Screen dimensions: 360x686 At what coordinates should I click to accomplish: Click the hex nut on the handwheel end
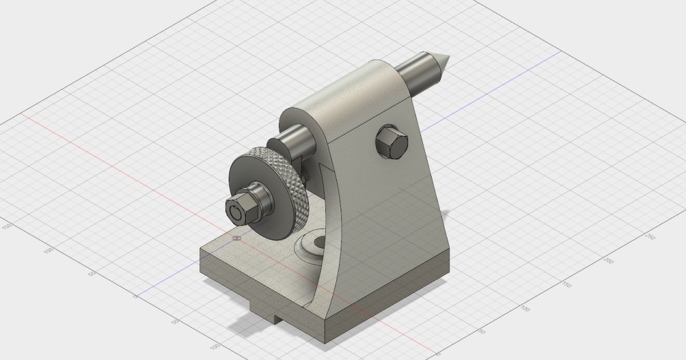click(x=237, y=210)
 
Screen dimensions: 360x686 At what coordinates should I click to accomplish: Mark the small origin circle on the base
click(x=237, y=237)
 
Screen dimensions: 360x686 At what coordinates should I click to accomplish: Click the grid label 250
click(x=649, y=237)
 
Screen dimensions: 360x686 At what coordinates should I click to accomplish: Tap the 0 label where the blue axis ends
click(x=135, y=297)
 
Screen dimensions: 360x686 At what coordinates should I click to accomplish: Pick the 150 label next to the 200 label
click(x=567, y=284)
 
